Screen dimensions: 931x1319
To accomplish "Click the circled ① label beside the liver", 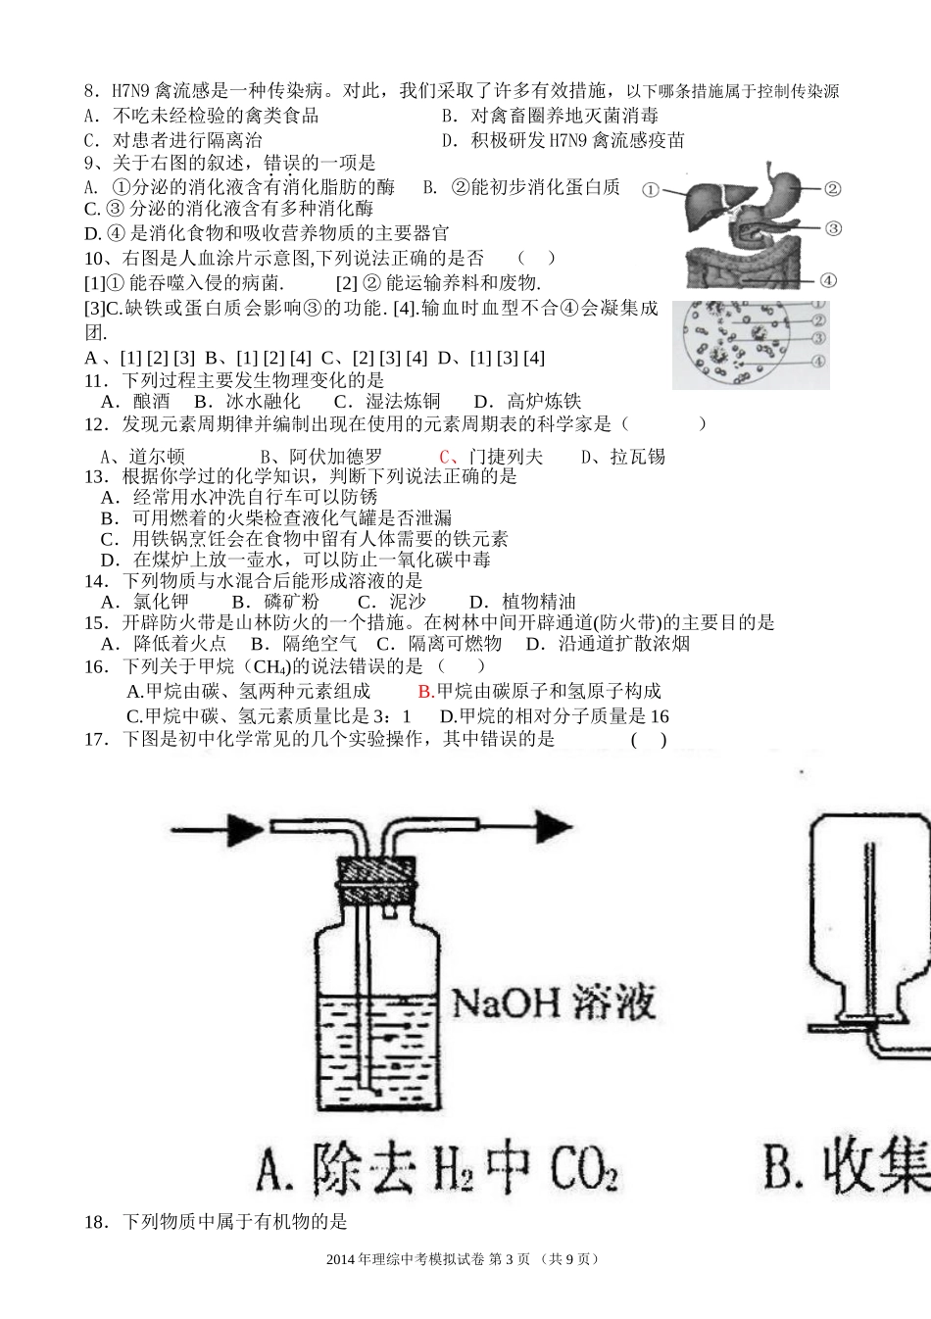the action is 650,190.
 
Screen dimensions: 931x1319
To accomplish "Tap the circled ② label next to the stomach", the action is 832,189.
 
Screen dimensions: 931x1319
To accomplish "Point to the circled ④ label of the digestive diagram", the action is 828,280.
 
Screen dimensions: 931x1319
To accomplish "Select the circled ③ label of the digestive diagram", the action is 833,228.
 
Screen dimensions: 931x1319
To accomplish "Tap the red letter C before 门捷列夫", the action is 445,457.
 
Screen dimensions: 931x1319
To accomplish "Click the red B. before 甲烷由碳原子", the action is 425,691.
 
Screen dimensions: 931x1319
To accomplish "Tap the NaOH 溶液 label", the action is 554,1002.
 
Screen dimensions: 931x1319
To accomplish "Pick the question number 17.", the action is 95,739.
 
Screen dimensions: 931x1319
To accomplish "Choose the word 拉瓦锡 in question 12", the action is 638,457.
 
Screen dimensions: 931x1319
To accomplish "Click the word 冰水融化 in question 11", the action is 264,402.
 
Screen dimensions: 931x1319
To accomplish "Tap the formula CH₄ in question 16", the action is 270,666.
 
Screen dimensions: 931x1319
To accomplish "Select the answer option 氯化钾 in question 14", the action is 161,602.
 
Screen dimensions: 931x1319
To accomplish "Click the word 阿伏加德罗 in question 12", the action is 336,457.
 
